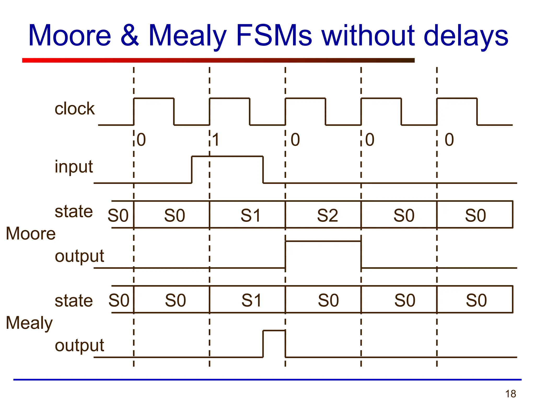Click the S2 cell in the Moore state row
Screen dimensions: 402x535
[x=327, y=215]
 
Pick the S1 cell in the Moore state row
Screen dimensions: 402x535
[x=251, y=215]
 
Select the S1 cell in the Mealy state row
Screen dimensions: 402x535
[x=251, y=300]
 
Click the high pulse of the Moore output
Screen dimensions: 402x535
[x=323, y=242]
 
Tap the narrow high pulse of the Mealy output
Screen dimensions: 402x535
[x=274, y=331]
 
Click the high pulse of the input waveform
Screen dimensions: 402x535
[x=227, y=157]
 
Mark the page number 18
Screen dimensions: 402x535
[x=510, y=394]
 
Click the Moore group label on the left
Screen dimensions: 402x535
[x=31, y=233]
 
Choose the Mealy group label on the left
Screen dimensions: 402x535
[x=29, y=323]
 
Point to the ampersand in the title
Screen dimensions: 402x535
[x=130, y=36]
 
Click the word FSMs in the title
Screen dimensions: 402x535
[x=274, y=36]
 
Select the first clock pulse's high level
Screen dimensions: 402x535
[x=154, y=98]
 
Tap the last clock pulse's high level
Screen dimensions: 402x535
[x=457, y=98]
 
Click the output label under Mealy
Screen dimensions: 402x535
[x=79, y=345]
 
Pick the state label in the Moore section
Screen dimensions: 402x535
[x=74, y=211]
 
